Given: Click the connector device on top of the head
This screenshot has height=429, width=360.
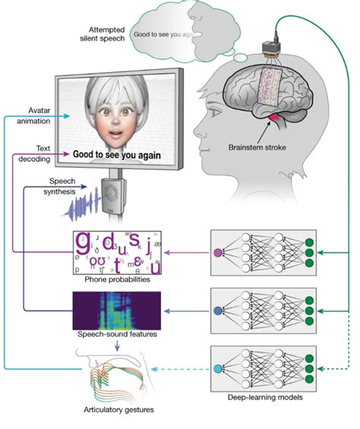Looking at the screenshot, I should click(x=271, y=50).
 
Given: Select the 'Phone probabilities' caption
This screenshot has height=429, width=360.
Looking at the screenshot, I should click(x=117, y=279).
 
